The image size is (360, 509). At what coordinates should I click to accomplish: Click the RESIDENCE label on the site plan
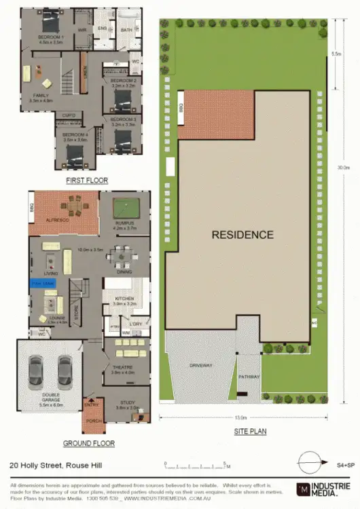click(242, 235)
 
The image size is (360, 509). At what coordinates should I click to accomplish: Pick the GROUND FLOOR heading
click(88, 443)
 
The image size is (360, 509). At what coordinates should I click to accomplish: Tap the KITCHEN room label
click(124, 299)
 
